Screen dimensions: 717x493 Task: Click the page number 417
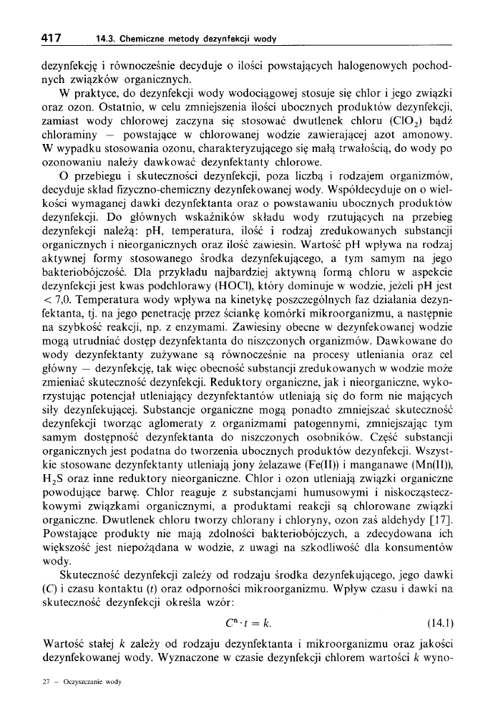tap(51, 37)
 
